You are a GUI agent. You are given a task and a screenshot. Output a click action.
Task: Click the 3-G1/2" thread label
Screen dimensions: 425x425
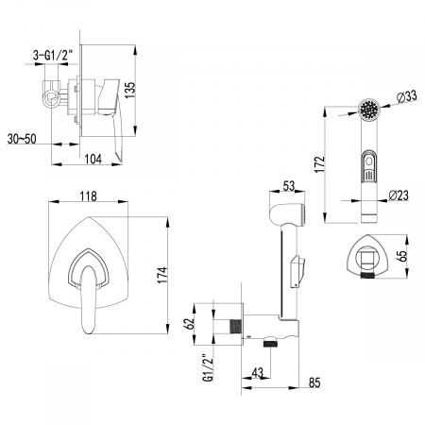tap(53, 56)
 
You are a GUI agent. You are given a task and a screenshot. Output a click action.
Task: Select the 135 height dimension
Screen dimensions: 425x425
tap(129, 90)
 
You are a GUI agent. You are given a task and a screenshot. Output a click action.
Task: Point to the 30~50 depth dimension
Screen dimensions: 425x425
tap(22, 139)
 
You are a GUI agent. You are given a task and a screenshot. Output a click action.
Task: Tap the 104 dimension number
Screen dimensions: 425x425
tap(93, 159)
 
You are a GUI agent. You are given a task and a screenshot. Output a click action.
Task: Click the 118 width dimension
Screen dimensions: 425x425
tap(89, 196)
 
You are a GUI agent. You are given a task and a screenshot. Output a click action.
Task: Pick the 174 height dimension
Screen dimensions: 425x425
tap(162, 275)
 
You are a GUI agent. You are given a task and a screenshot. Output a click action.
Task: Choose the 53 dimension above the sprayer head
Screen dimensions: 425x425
tap(288, 186)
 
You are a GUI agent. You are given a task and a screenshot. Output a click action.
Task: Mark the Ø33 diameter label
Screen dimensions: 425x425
tap(407, 96)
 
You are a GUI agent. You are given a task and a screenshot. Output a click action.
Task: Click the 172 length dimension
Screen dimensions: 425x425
tap(320, 163)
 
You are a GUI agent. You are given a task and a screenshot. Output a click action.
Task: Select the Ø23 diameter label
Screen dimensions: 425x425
tap(399, 195)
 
